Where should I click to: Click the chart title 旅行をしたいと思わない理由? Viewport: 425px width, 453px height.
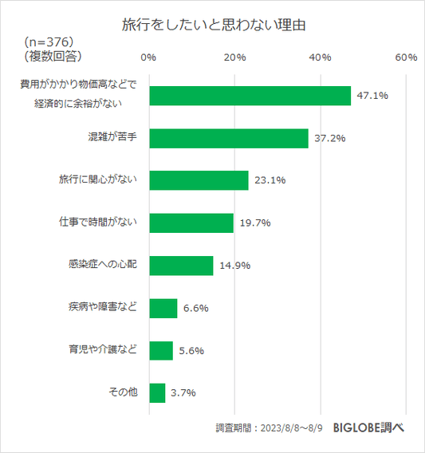[x=213, y=25]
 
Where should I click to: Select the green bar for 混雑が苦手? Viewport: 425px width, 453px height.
[x=229, y=138]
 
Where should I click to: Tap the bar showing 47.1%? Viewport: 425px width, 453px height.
[x=250, y=96]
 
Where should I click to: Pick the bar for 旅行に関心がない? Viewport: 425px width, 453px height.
[x=199, y=180]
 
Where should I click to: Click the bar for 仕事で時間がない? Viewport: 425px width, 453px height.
[x=191, y=223]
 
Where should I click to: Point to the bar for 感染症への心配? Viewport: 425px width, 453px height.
[x=181, y=265]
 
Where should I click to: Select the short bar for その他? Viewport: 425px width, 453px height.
[x=157, y=392]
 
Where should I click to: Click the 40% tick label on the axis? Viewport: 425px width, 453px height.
[x=321, y=57]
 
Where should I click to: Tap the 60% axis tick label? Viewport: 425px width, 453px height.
[x=406, y=57]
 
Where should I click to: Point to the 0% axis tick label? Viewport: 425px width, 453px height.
[x=148, y=57]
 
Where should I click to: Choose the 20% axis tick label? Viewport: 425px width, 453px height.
[x=234, y=57]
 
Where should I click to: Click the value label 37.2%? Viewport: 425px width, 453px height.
[x=329, y=138]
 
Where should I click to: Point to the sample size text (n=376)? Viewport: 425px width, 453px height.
[x=49, y=41]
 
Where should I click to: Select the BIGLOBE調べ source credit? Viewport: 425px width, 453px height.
[x=368, y=427]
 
